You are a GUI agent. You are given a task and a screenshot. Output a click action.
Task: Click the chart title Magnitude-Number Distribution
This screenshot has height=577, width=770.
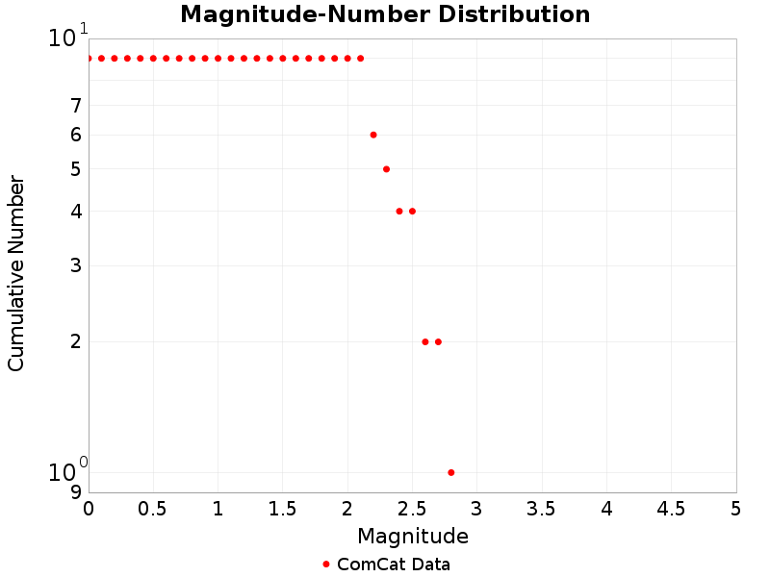coord(385,15)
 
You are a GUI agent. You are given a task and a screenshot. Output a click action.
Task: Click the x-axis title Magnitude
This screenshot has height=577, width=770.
coord(412,537)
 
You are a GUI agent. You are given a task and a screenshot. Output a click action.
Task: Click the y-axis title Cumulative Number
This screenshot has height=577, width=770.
coord(16,273)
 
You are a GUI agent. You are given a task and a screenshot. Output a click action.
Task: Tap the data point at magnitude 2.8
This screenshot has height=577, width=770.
coord(451,472)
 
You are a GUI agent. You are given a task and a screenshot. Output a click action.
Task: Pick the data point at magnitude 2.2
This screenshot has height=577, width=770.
coord(373,135)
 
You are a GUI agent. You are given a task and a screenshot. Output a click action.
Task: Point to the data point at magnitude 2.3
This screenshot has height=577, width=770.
coord(386,169)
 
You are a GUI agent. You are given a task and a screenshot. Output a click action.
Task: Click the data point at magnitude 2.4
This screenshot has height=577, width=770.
coord(399,212)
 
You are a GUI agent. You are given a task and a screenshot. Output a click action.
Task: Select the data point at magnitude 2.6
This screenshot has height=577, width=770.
coord(425,341)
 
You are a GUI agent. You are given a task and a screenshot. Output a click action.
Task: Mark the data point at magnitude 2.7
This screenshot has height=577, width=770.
coord(438,341)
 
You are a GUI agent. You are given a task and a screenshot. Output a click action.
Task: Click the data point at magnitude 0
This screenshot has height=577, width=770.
coord(89,59)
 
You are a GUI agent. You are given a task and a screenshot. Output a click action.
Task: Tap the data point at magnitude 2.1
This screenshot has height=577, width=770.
coord(360,59)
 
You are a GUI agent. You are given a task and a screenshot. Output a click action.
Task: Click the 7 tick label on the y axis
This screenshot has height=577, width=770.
coord(75,106)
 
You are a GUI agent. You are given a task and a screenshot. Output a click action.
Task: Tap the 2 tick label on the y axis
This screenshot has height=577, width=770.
coord(75,341)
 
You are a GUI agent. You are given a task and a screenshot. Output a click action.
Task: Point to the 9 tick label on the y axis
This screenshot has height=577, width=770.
coord(75,492)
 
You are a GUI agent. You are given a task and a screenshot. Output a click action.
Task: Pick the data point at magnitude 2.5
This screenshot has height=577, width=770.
coord(412,212)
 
